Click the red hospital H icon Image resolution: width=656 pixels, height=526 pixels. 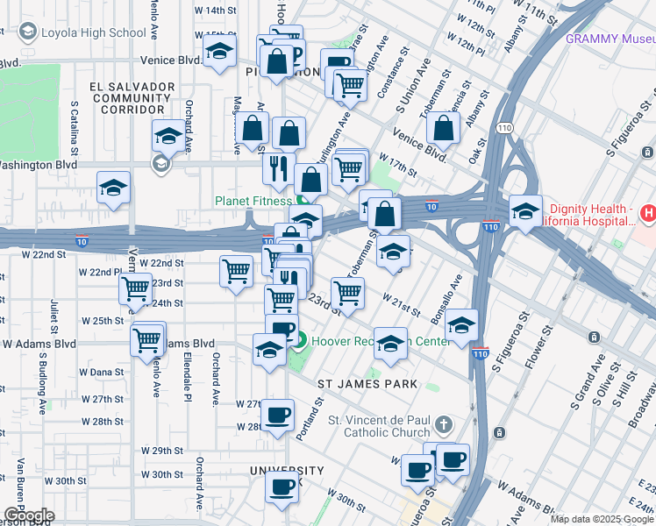(x=647, y=212)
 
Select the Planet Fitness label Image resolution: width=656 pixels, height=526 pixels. (x=253, y=201)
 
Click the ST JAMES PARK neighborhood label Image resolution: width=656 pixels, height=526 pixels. (x=367, y=384)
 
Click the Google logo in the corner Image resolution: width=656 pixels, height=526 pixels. (x=28, y=515)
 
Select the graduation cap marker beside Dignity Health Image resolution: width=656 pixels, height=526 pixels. (x=524, y=211)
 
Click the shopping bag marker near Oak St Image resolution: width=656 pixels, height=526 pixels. (x=444, y=128)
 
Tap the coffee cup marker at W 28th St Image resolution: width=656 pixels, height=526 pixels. (x=279, y=415)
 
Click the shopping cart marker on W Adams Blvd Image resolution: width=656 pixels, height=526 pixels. (x=148, y=338)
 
